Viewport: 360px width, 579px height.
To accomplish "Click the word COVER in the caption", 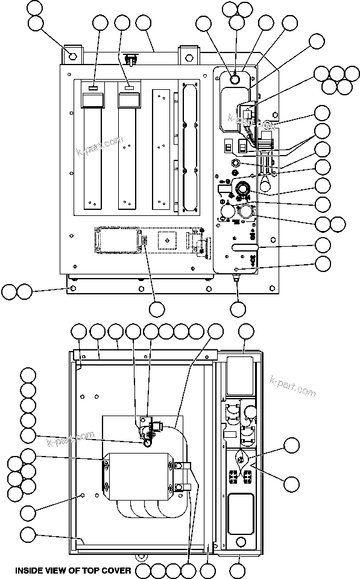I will (x=116, y=569).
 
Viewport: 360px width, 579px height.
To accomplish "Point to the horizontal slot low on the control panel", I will (x=245, y=247).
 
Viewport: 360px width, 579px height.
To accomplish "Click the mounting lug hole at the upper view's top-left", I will (x=74, y=55).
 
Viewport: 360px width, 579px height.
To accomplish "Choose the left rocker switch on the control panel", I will (x=228, y=147).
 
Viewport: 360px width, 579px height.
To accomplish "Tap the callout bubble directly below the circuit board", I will (x=157, y=309).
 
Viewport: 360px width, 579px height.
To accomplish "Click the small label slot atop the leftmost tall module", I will (x=93, y=89).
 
